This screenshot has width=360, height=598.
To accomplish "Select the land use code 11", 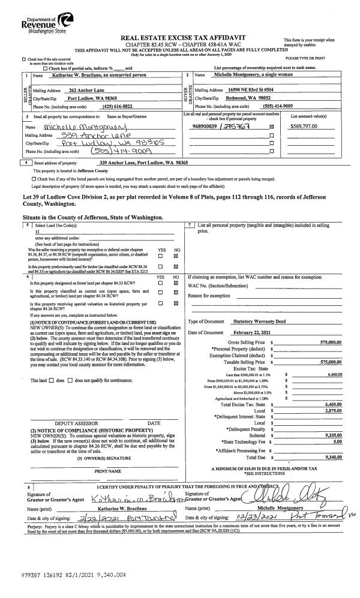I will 37,232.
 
